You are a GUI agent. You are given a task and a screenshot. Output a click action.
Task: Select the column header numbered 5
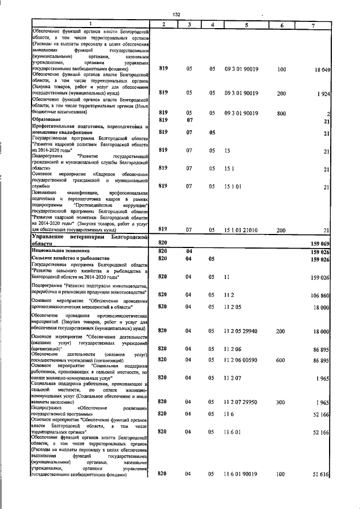(246, 25)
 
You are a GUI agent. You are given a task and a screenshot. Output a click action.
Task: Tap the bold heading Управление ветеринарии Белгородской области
(90, 241)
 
